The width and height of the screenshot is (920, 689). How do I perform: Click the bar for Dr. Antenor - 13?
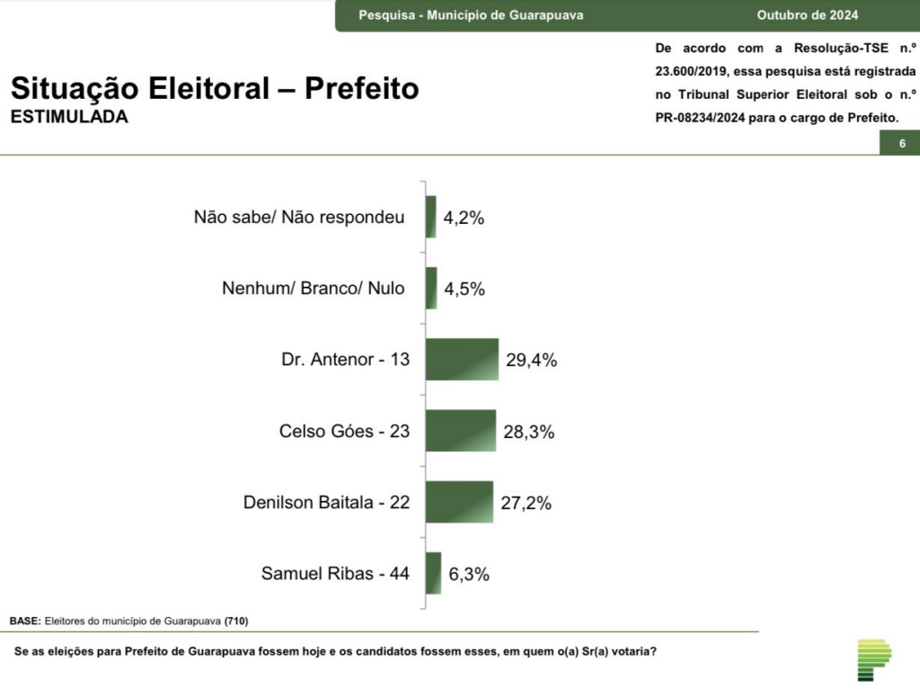tap(462, 360)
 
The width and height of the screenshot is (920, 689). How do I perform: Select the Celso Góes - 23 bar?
tap(460, 431)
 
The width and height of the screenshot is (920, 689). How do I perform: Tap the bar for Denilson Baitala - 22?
tap(459, 502)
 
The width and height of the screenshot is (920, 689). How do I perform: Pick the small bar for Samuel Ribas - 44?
tap(434, 573)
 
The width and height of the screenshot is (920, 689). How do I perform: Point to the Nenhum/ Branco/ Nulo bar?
tap(431, 289)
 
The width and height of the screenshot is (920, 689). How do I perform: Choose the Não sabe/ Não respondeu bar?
tap(431, 218)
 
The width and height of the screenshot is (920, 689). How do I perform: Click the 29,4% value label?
tap(531, 361)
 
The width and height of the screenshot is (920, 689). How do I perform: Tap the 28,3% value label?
tap(528, 432)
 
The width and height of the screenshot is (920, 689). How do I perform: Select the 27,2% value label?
tap(526, 503)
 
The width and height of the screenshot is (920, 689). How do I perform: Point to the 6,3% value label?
tap(468, 574)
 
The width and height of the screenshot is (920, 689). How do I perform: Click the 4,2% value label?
tap(463, 218)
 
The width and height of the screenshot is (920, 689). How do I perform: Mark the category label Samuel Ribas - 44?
tap(335, 573)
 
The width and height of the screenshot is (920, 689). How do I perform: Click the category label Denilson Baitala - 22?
tap(326, 502)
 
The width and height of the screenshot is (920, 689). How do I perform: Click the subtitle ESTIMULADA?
tap(69, 117)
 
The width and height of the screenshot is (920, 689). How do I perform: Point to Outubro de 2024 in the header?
tap(807, 15)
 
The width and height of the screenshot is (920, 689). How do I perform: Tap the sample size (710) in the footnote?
tap(236, 622)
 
